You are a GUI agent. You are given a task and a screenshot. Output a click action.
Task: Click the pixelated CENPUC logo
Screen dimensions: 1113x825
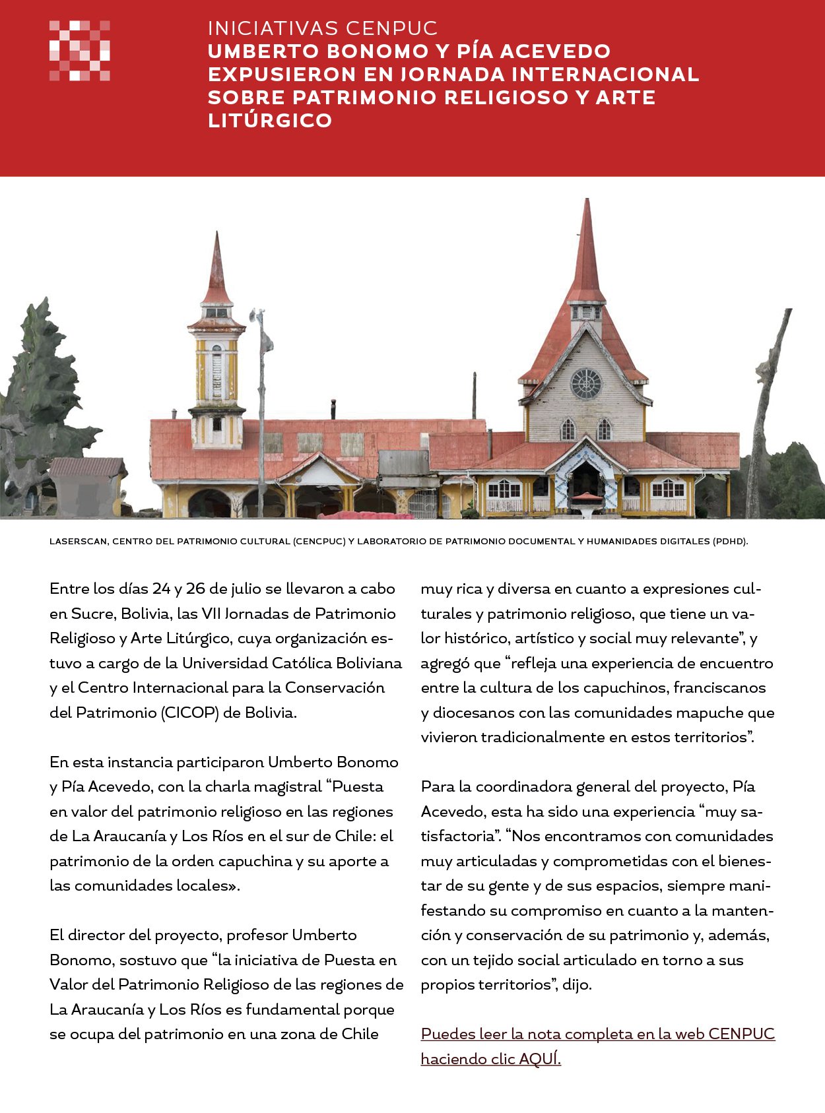[x=79, y=51]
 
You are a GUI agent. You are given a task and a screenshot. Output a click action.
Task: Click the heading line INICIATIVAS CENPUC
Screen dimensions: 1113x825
[x=323, y=28]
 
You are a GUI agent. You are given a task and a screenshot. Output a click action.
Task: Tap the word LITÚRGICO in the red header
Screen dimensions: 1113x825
[x=270, y=121]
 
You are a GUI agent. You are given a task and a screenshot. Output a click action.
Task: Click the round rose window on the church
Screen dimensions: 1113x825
[x=586, y=383]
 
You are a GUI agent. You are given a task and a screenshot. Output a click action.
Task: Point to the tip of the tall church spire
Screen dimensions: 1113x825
[x=586, y=201]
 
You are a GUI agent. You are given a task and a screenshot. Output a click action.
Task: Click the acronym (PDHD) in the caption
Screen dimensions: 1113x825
[x=730, y=542]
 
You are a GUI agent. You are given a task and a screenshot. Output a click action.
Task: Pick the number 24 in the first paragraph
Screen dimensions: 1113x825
[x=161, y=588]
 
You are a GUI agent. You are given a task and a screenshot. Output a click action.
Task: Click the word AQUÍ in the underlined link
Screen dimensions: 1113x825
[x=540, y=1059]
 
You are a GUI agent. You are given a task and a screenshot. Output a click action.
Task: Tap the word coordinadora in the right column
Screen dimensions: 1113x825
[x=523, y=786]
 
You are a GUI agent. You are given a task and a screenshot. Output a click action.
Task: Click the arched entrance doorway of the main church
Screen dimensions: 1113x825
[x=585, y=480]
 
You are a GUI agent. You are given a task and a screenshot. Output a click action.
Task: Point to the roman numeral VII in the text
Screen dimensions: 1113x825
[x=211, y=614]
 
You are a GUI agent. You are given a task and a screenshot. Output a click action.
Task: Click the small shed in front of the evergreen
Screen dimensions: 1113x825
[x=86, y=487]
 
